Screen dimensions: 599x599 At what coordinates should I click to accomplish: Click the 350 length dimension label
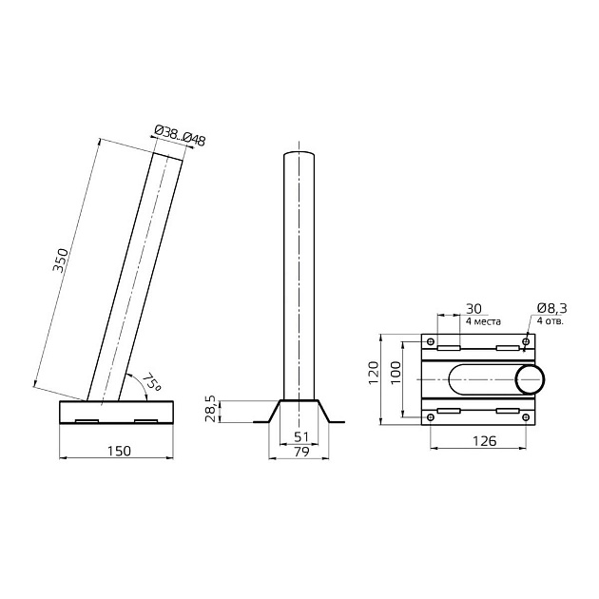pyautogui.click(x=60, y=261)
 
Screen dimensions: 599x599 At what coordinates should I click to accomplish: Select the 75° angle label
pyautogui.click(x=152, y=382)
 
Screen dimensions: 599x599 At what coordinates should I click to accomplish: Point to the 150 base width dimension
pyautogui.click(x=119, y=452)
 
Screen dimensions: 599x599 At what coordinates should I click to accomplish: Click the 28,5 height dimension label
pyautogui.click(x=211, y=409)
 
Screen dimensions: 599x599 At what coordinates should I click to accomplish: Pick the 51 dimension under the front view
pyautogui.click(x=301, y=436)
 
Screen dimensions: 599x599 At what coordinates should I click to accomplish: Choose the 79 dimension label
pyautogui.click(x=301, y=452)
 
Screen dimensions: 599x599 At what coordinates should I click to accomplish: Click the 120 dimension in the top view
pyautogui.click(x=373, y=373)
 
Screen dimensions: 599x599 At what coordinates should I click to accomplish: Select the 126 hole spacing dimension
pyautogui.click(x=484, y=441)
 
